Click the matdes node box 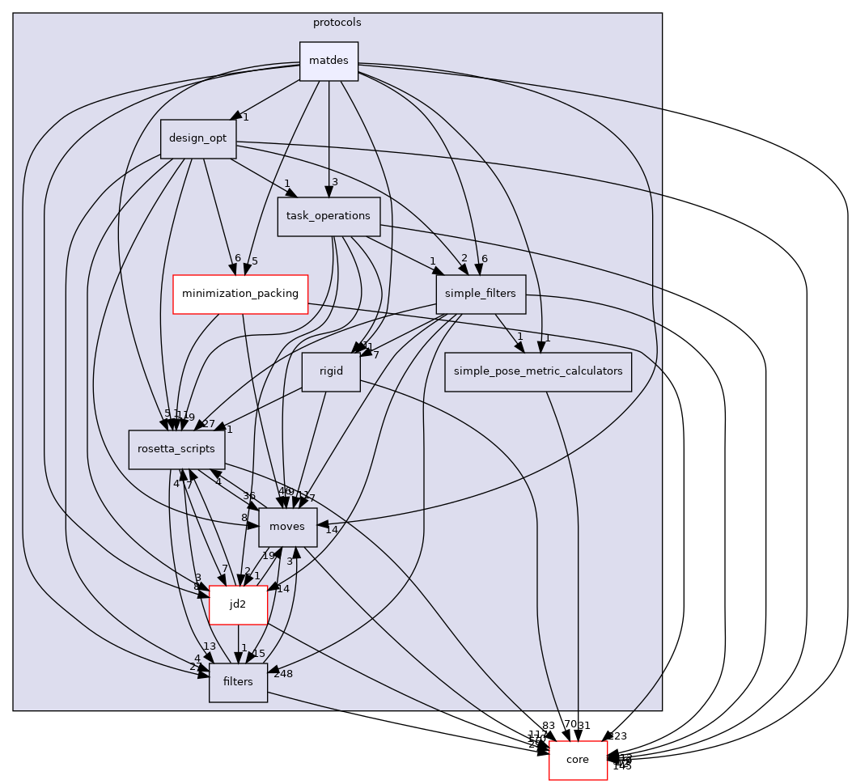[329, 61]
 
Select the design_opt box [198, 139]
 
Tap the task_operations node [329, 217]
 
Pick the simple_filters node [481, 295]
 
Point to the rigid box [330, 372]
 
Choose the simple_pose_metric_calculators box [537, 372]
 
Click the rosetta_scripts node [176, 450]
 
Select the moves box [287, 528]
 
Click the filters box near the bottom [238, 683]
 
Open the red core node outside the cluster [578, 761]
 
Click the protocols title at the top [337, 22]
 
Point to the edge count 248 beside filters [282, 674]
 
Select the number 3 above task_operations [334, 182]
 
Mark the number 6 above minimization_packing [237, 259]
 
